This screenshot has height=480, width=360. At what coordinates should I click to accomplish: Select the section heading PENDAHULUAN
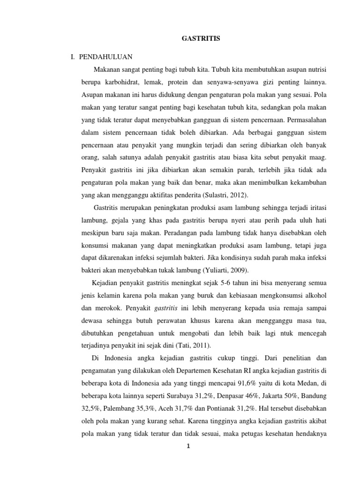pos(106,57)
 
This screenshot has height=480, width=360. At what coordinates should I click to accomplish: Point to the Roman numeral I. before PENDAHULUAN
pos(73,57)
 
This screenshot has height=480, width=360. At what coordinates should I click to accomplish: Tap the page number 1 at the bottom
pos(187,445)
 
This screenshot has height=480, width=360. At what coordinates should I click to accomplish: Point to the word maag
pos(317,157)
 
